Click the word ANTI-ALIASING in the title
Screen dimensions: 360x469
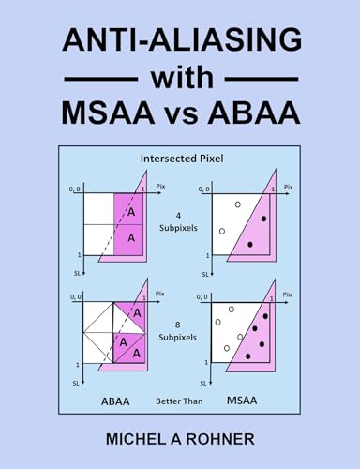click(180, 41)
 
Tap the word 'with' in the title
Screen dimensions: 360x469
click(180, 77)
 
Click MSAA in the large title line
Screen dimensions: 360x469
click(114, 113)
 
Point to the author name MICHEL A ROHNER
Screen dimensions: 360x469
click(180, 439)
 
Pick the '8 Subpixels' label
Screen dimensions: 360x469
click(179, 333)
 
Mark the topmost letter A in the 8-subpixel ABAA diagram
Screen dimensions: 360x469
click(137, 312)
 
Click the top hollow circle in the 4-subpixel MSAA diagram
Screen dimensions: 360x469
click(239, 204)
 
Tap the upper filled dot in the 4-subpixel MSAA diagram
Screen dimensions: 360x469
click(264, 219)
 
